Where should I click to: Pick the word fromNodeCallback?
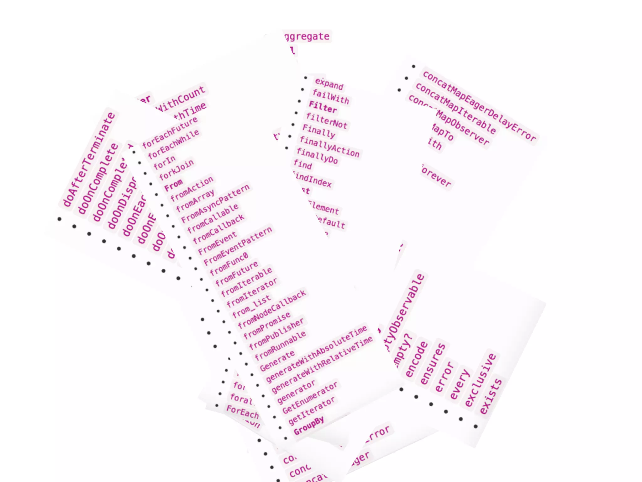pyautogui.click(x=272, y=309)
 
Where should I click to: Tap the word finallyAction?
pyautogui.click(x=329, y=147)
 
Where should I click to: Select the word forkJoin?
pyautogui.click(x=176, y=170)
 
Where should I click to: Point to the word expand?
pyautogui.click(x=329, y=84)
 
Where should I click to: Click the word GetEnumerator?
pyautogui.click(x=310, y=398)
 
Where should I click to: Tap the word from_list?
pyautogui.click(x=251, y=307)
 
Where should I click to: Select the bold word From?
pyautogui.click(x=173, y=185)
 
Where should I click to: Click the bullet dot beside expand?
pyautogui.click(x=306, y=78)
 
